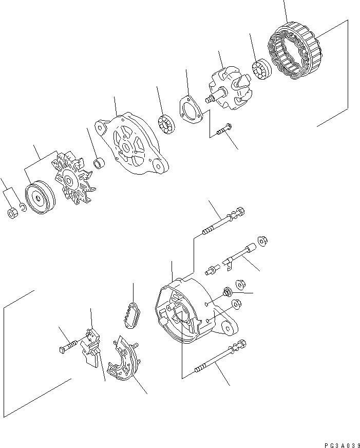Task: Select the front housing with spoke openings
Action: (132, 146)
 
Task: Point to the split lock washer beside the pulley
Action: (22, 208)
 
